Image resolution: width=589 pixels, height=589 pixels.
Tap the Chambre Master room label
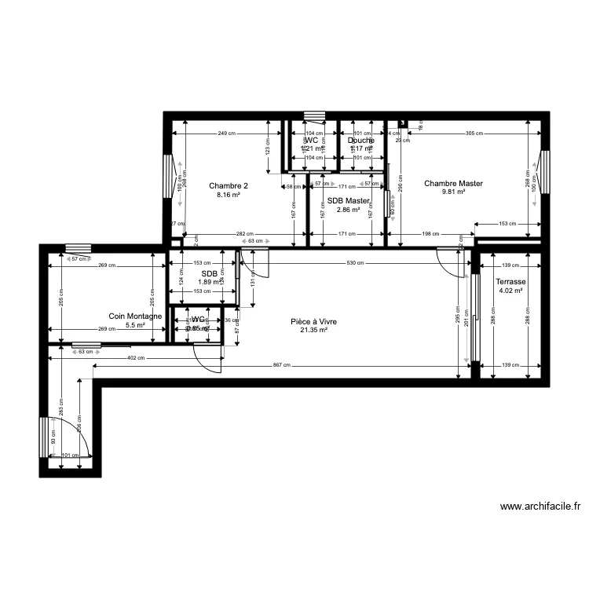(453, 184)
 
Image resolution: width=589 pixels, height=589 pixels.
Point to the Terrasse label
(510, 281)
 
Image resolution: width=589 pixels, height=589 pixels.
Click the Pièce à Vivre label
(313, 321)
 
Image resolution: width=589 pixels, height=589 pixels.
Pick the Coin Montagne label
(135, 316)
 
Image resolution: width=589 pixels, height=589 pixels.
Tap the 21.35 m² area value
(313, 331)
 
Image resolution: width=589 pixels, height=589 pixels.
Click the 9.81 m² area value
(453, 192)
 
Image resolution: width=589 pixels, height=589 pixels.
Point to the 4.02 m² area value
(510, 291)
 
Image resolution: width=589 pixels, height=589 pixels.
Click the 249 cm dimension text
(227, 134)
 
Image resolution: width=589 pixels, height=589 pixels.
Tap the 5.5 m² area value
(136, 325)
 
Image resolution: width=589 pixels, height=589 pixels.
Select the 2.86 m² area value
(348, 210)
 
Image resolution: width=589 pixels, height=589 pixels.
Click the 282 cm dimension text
(245, 234)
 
